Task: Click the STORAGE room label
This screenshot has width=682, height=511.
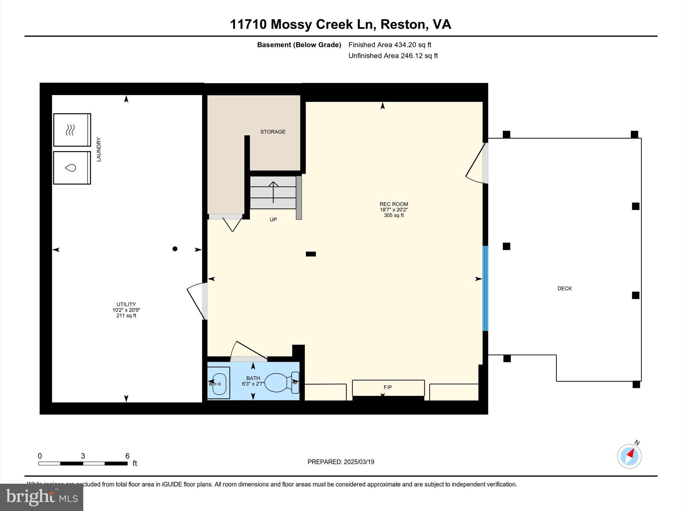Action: pyautogui.click(x=273, y=132)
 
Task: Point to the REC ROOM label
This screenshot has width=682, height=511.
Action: pyautogui.click(x=394, y=204)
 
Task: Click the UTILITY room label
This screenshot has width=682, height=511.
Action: pyautogui.click(x=126, y=304)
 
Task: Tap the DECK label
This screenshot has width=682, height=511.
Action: pyautogui.click(x=564, y=288)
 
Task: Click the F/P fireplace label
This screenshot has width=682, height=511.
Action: pyautogui.click(x=388, y=387)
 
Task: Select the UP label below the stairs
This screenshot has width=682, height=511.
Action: pyautogui.click(x=273, y=220)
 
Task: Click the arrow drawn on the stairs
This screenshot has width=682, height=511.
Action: pyautogui.click(x=273, y=192)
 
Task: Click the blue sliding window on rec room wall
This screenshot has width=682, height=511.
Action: pyautogui.click(x=485, y=288)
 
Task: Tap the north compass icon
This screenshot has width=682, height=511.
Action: pyautogui.click(x=629, y=456)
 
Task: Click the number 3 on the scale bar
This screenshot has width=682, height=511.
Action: pyautogui.click(x=83, y=456)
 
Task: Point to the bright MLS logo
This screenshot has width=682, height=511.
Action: pyautogui.click(x=42, y=497)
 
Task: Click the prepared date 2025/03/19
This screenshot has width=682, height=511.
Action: pyautogui.click(x=359, y=462)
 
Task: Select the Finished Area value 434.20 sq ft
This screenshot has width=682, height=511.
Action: pyautogui.click(x=413, y=45)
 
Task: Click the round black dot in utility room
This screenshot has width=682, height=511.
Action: pyautogui.click(x=175, y=249)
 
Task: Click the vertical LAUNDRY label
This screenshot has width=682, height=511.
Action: pyautogui.click(x=99, y=149)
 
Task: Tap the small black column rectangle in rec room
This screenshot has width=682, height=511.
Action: pyautogui.click(x=311, y=254)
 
